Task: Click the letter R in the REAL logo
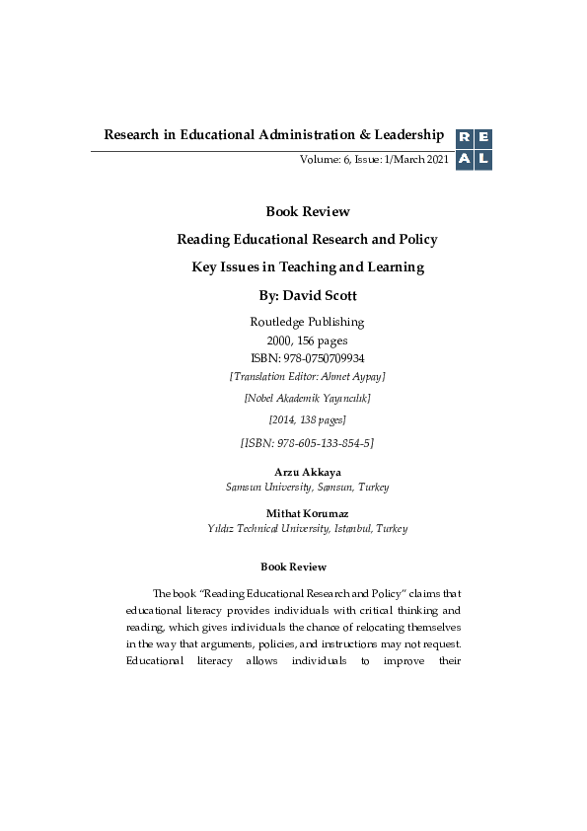click(x=464, y=139)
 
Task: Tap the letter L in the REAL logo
click(x=482, y=160)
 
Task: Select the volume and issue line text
click(x=374, y=160)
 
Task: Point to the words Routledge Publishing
click(x=307, y=322)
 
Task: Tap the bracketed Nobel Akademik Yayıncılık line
click(x=307, y=399)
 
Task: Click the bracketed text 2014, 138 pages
click(x=307, y=420)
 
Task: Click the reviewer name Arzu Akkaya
click(x=307, y=473)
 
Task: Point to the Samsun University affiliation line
click(x=307, y=488)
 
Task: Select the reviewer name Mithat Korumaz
click(x=307, y=513)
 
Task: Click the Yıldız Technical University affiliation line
click(x=307, y=529)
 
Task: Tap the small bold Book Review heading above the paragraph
click(x=293, y=567)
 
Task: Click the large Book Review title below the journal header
click(x=307, y=211)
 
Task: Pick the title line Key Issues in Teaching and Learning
click(x=307, y=266)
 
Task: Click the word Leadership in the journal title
click(x=404, y=134)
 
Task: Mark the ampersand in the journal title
click(x=356, y=134)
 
